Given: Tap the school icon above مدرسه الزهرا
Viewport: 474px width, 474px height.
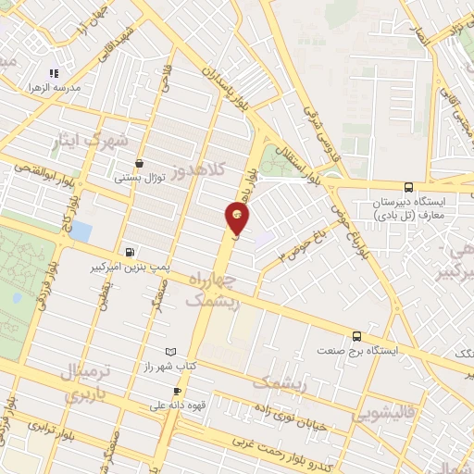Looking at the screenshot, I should pyautogui.click(x=55, y=73).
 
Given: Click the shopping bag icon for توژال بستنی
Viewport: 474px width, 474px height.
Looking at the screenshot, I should pyautogui.click(x=139, y=162).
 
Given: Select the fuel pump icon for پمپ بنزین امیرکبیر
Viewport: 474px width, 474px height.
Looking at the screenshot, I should pyautogui.click(x=129, y=251).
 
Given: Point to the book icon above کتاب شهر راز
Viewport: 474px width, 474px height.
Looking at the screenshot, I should pyautogui.click(x=168, y=352).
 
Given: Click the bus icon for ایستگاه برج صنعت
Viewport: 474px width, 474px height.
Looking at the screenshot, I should pyautogui.click(x=357, y=336).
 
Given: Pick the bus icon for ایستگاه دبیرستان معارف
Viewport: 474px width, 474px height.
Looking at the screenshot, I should pyautogui.click(x=410, y=186).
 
